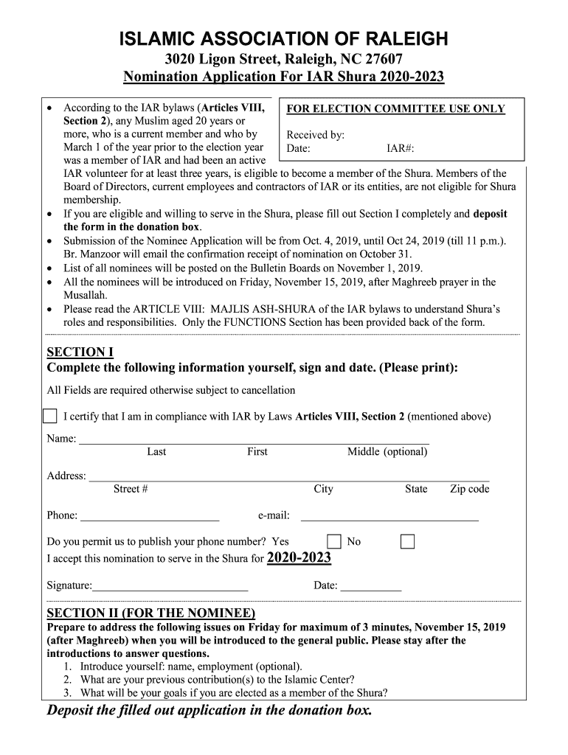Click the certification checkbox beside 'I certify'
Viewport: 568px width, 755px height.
pos(49,416)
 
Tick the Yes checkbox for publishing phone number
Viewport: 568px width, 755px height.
pos(334,542)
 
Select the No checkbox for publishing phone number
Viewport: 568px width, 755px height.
pos(407,542)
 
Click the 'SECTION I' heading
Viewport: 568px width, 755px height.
pos(80,352)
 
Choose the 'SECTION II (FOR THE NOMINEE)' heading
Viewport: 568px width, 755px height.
pos(151,613)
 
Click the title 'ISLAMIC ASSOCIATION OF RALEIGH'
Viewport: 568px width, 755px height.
pos(283,39)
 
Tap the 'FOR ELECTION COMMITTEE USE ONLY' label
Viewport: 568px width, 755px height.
pos(395,109)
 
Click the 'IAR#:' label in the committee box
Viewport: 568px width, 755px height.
pos(401,148)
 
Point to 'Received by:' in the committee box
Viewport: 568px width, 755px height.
pos(315,135)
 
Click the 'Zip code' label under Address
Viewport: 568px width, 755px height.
pos(470,489)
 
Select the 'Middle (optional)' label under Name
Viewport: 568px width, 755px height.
pos(387,452)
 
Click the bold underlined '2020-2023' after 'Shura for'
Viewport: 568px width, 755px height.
pos(299,558)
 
